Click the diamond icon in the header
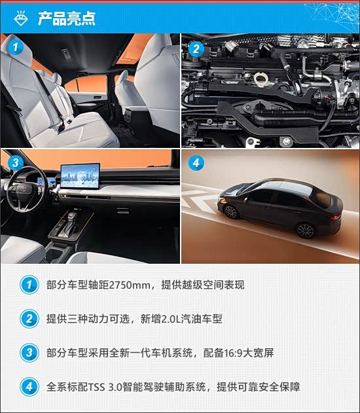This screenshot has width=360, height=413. pyautogui.click(x=21, y=18)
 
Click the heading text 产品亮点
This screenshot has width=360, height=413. pyautogui.click(x=66, y=19)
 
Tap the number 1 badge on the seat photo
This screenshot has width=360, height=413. pyautogui.click(x=15, y=48)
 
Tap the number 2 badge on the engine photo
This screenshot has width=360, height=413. pyautogui.click(x=196, y=49)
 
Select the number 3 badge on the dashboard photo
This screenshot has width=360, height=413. pyautogui.click(x=16, y=162)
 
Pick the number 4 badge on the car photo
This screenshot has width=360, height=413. pyautogui.click(x=196, y=164)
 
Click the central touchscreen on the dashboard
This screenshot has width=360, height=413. pyautogui.click(x=81, y=175)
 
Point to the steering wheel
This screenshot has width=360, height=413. pyautogui.click(x=27, y=188)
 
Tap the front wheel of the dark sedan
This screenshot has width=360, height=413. pyautogui.click(x=231, y=212)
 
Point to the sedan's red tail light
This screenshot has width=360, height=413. pyautogui.click(x=335, y=217)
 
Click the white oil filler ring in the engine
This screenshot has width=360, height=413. pyautogui.click(x=261, y=79)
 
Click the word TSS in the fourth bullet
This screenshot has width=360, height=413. pyautogui.click(x=96, y=387)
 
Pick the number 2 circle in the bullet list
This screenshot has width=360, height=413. pyautogui.click(x=29, y=319)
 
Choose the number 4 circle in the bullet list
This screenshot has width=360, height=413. pyautogui.click(x=29, y=387)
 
